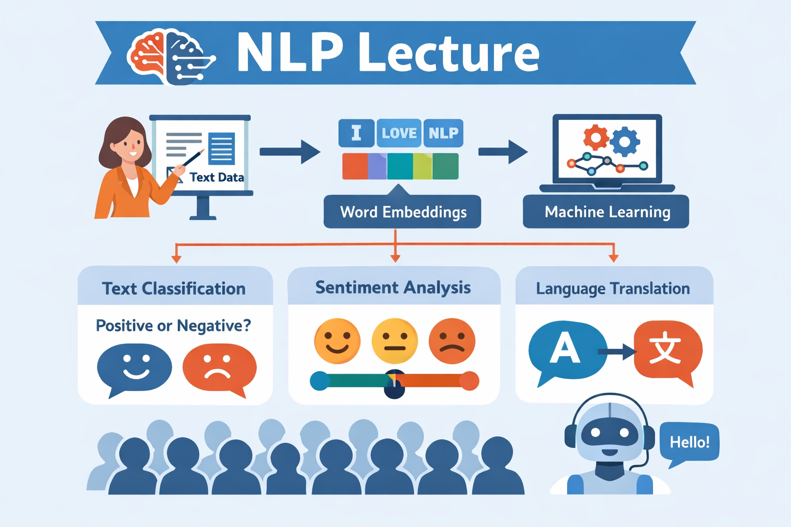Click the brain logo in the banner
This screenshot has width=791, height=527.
click(x=171, y=57)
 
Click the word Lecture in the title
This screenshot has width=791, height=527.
click(x=449, y=54)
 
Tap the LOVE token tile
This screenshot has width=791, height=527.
click(x=399, y=133)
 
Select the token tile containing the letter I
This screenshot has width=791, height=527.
click(x=356, y=133)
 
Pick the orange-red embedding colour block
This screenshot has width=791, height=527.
click(x=355, y=166)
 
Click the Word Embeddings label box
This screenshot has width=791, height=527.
click(x=402, y=212)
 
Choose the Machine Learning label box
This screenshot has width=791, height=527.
click(x=606, y=212)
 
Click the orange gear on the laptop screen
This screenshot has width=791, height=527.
click(x=596, y=137)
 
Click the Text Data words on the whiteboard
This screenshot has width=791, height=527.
click(x=216, y=177)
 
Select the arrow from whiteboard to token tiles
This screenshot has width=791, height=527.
click(x=290, y=152)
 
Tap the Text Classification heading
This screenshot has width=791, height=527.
click(x=174, y=288)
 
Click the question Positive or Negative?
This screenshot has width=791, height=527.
click(x=174, y=325)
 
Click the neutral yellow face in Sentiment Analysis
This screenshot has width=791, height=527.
click(x=395, y=341)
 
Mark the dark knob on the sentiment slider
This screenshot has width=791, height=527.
click(x=394, y=384)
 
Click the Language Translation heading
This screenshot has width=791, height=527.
click(x=613, y=288)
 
